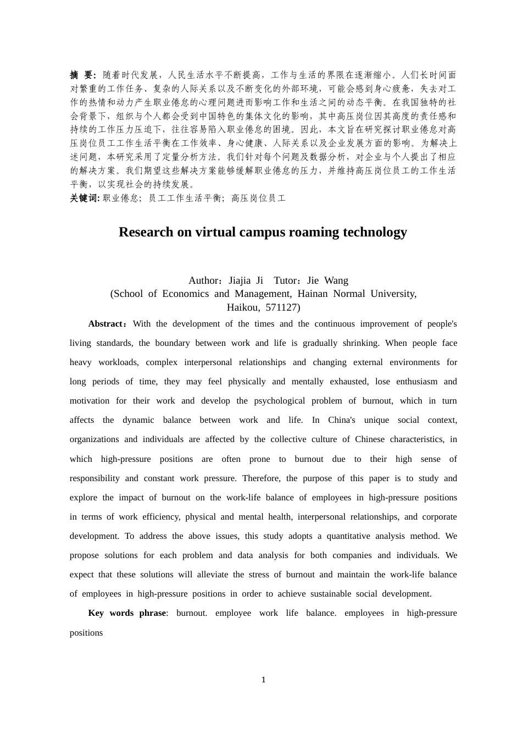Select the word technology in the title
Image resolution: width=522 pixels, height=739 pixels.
(x=375, y=232)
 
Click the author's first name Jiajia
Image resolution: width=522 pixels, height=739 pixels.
(x=240, y=280)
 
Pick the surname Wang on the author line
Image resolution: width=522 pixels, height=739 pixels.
(x=336, y=280)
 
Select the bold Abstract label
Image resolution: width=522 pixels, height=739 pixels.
(x=107, y=324)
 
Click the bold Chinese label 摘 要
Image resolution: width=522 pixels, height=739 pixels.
(x=82, y=75)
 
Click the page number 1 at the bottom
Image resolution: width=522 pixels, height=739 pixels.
(x=263, y=680)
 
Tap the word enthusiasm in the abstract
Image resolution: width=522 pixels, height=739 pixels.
(x=417, y=382)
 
